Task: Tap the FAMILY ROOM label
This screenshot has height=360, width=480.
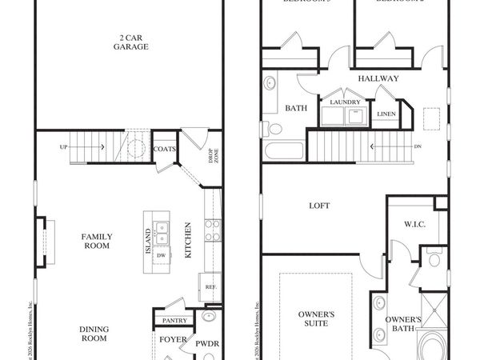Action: pyautogui.click(x=97, y=241)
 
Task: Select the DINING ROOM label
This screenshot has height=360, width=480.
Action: pyautogui.click(x=94, y=333)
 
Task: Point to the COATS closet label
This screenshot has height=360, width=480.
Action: pyautogui.click(x=165, y=149)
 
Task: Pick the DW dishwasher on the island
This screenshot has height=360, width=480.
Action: pyautogui.click(x=162, y=256)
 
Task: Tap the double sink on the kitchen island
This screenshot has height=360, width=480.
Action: pyautogui.click(x=162, y=233)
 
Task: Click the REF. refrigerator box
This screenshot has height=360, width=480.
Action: pyautogui.click(x=210, y=286)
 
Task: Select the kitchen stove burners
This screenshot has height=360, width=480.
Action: pyautogui.click(x=212, y=230)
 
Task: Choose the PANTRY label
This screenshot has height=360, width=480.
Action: pyautogui.click(x=174, y=320)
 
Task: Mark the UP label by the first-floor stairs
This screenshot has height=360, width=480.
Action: pyautogui.click(x=63, y=147)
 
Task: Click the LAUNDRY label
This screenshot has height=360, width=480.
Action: pyautogui.click(x=345, y=102)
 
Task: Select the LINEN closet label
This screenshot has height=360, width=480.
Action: pyautogui.click(x=386, y=114)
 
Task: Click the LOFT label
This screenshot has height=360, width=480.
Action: pyautogui.click(x=319, y=206)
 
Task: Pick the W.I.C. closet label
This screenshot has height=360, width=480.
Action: pyautogui.click(x=415, y=225)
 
